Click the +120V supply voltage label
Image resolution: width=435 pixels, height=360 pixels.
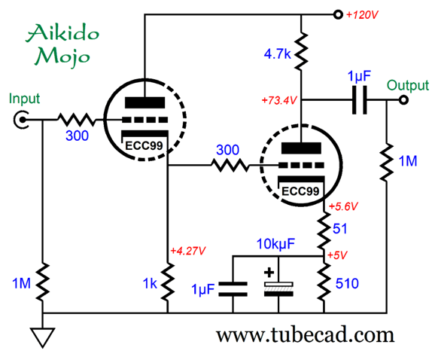click(362, 15)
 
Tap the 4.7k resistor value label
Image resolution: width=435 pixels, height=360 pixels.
click(278, 53)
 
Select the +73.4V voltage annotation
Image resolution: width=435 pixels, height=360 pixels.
click(279, 100)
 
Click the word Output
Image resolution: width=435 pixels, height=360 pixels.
click(408, 86)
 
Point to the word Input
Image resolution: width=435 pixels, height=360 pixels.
click(24, 99)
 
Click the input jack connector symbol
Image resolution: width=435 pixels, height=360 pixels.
click(21, 120)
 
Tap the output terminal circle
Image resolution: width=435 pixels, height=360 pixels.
click(403, 100)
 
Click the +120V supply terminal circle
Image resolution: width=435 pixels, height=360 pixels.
click(338, 14)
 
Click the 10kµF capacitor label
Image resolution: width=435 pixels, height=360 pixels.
click(275, 244)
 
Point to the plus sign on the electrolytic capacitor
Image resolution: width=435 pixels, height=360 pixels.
click(269, 273)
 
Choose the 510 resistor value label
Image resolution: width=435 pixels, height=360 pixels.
click(347, 283)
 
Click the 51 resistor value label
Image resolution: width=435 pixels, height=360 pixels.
click(340, 229)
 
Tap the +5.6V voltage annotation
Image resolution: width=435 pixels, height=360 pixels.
click(343, 206)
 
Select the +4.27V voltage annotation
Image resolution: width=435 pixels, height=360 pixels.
click(188, 251)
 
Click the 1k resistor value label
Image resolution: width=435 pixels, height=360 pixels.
click(150, 283)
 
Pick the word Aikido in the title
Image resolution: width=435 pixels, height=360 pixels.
click(62, 33)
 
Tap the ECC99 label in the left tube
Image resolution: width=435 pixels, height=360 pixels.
click(144, 146)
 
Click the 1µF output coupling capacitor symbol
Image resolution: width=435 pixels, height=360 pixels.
click(360, 100)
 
